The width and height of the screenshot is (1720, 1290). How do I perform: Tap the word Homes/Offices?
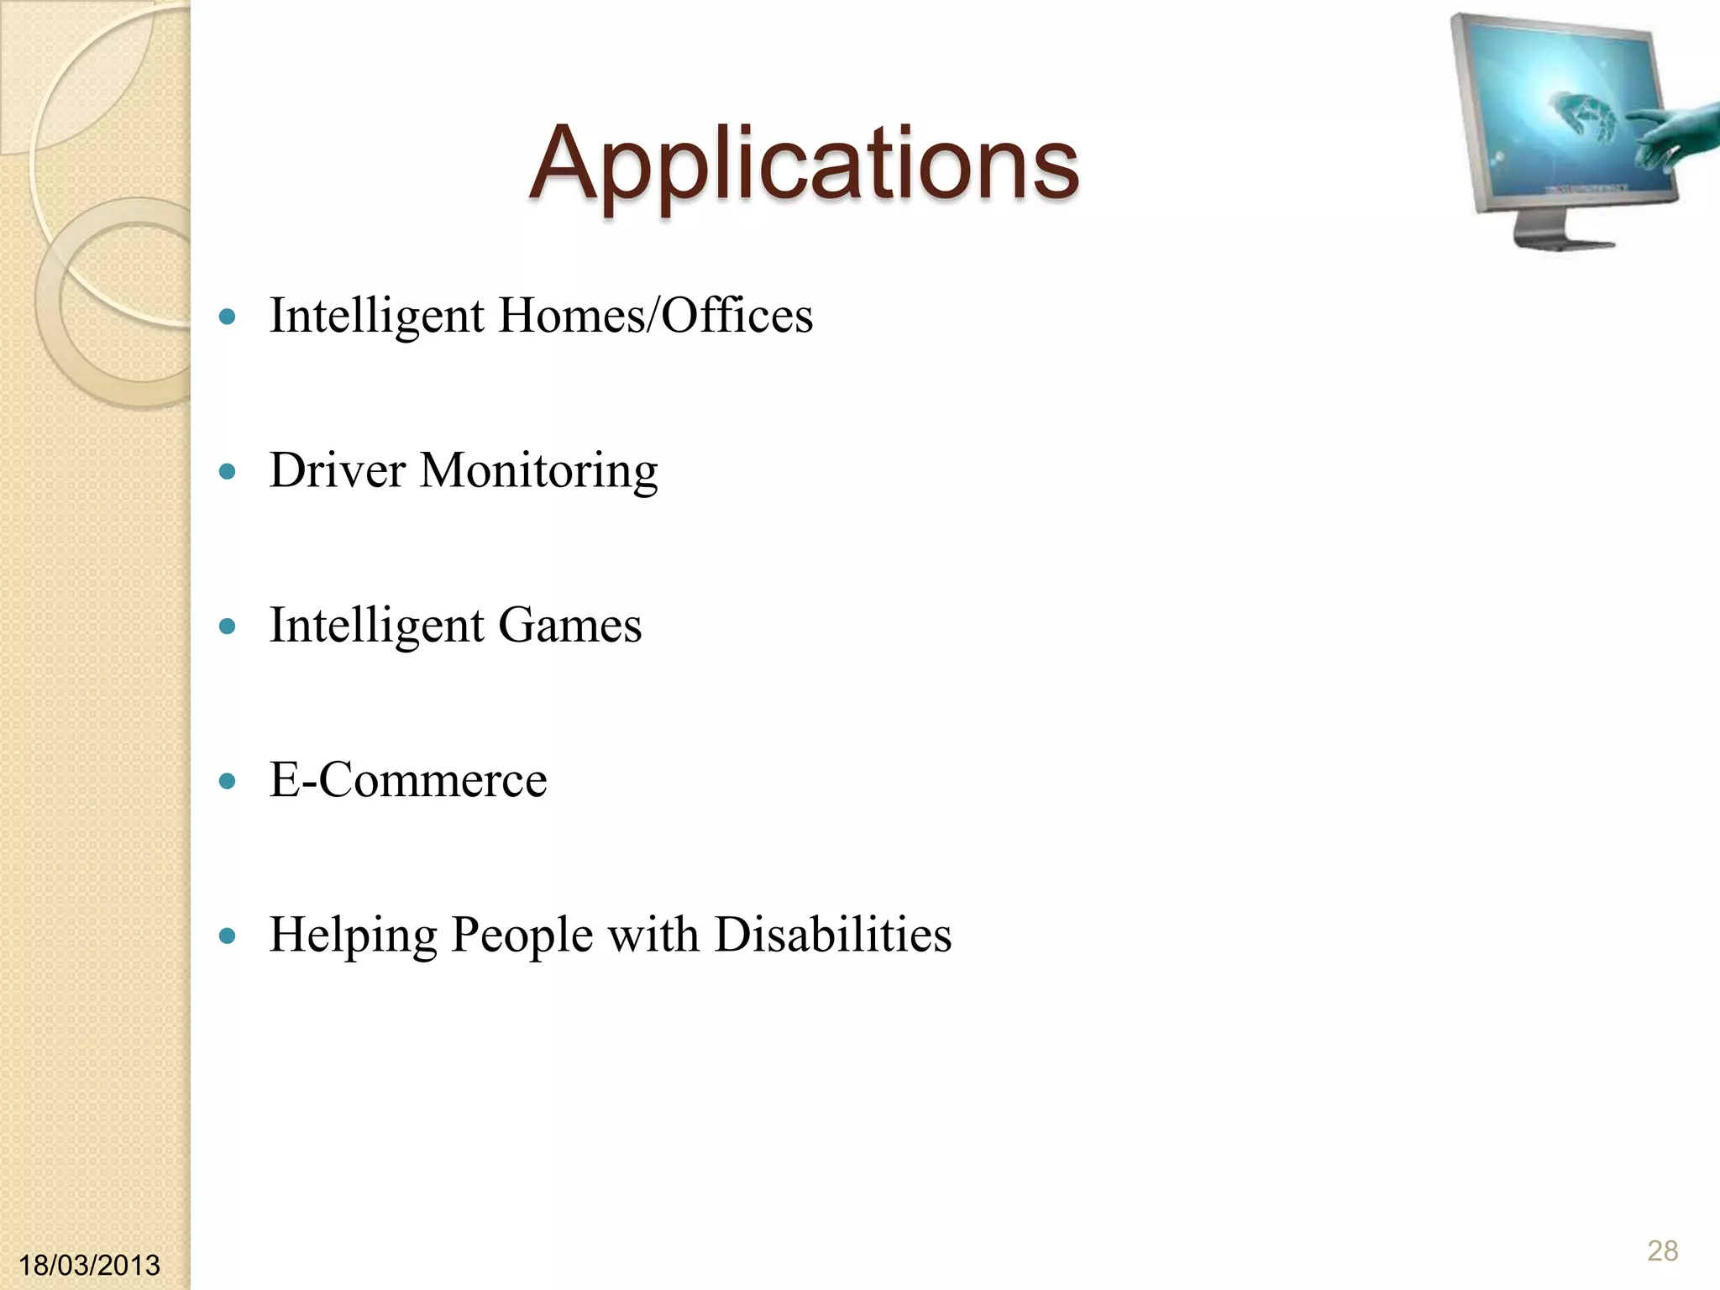click(x=655, y=316)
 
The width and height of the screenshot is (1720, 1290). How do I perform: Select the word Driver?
click(x=337, y=470)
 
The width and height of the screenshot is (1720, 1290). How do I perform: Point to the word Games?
click(x=569, y=626)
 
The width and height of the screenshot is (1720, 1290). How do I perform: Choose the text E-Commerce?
click(x=407, y=780)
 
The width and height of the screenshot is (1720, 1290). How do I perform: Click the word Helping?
click(x=353, y=936)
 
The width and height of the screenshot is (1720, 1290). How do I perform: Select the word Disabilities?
click(x=832, y=935)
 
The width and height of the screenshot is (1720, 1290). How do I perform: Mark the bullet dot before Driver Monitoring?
click(x=227, y=472)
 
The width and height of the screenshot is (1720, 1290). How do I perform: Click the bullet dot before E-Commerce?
click(x=227, y=782)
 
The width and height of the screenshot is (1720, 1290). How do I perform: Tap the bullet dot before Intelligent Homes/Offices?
click(x=227, y=317)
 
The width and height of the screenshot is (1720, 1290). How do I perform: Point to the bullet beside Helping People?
click(x=227, y=936)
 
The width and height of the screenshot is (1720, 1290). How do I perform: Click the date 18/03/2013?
click(x=89, y=1264)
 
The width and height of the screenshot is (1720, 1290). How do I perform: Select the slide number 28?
click(x=1662, y=1251)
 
